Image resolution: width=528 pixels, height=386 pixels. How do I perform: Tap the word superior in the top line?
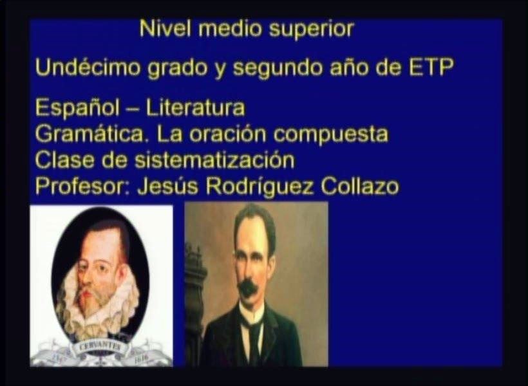(x=311, y=30)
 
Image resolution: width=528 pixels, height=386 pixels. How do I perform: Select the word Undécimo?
(x=88, y=68)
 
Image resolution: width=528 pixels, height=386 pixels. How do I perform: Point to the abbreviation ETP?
(x=431, y=68)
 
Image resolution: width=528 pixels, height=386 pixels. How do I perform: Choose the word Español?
(x=77, y=108)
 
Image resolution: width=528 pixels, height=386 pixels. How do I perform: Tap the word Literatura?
(x=196, y=107)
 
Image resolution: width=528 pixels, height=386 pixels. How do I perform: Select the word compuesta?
(x=331, y=135)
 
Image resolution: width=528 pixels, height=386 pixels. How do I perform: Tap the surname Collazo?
(x=360, y=186)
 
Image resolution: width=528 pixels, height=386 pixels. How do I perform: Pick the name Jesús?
(x=167, y=186)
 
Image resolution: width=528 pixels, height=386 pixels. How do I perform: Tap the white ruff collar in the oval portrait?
(x=98, y=303)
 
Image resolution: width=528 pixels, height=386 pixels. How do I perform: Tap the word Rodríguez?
(x=259, y=186)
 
